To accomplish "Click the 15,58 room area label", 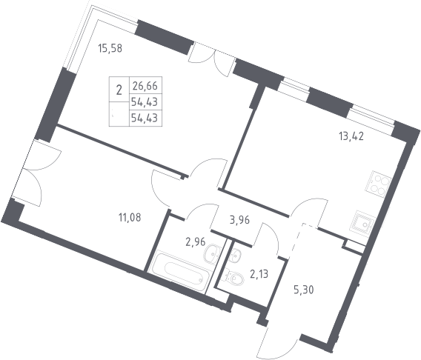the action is coord(110,48).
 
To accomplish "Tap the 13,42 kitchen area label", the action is coord(351,136).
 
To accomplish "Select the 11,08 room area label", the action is coord(130,218).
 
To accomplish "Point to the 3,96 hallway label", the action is coord(239,220).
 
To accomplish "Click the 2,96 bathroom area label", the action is coord(196,242).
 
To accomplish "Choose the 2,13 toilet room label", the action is coord(259,274).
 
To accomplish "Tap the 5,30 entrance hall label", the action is coord(304,290).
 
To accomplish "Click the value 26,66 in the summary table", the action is coord(145,86).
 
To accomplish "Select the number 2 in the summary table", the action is coord(119,90).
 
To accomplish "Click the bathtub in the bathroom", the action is coord(180,272).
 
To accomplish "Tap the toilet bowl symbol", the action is coord(235,277).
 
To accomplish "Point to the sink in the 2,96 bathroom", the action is coord(212,254).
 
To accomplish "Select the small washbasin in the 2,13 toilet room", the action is coord(235,254).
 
